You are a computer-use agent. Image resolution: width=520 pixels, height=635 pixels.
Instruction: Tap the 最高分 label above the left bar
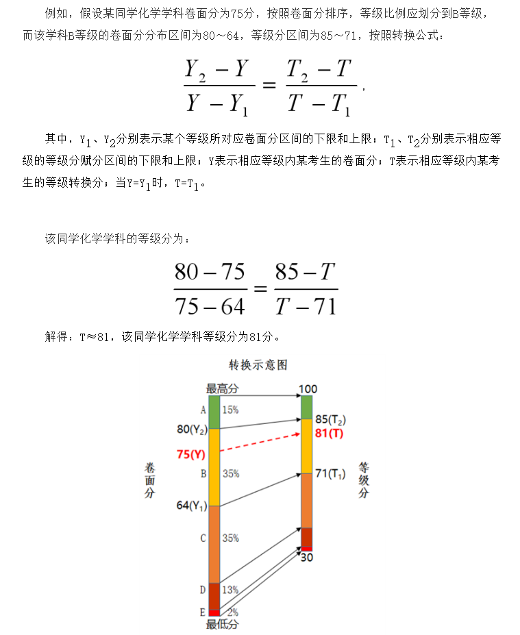222,388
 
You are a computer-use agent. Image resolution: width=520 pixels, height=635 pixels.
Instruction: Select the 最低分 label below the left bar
222,624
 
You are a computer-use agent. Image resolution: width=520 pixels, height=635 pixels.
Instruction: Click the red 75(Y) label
191,453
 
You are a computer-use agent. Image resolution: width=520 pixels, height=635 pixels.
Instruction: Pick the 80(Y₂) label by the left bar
192,429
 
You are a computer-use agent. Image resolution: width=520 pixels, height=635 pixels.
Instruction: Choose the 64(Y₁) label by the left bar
192,506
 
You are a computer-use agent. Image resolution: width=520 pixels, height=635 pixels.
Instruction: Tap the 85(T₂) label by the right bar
332,419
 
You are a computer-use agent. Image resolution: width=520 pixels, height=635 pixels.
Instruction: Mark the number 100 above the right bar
308,389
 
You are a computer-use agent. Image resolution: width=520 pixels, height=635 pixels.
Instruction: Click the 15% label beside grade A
230,410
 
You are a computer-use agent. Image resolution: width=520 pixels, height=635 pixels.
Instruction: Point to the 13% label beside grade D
230,589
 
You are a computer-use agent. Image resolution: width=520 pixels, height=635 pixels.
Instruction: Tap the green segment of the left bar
214,412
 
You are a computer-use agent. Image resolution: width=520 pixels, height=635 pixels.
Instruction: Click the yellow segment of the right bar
307,445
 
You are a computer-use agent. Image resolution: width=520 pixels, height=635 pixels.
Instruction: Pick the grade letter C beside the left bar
203,538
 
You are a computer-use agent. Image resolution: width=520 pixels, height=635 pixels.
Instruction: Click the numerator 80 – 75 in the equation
210,273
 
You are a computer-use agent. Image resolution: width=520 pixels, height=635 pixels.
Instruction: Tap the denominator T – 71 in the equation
306,306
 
